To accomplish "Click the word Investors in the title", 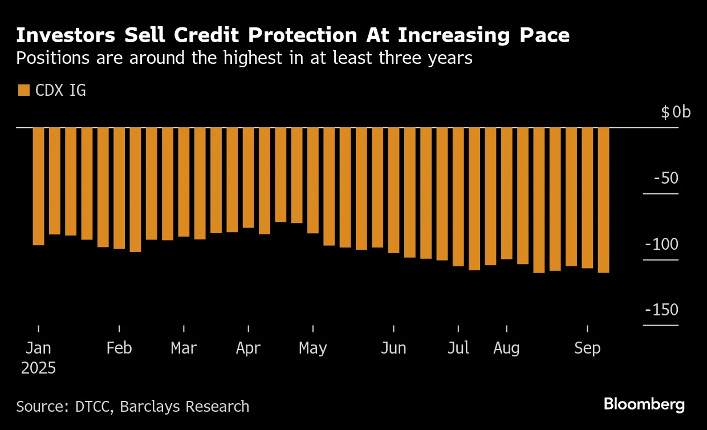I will pos(63,35).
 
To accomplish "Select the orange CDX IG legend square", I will pos(23,90).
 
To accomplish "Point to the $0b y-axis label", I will pos(676,112).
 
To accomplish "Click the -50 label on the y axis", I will pos(666,179).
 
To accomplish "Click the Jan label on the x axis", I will pos(38,348).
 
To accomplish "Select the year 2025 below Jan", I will pos(38,368).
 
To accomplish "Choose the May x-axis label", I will pos(313,348).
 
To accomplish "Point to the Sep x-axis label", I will pos(587,348).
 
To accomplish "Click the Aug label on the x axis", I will pos(506,348).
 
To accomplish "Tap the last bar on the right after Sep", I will pos(604,200).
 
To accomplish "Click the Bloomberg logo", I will pos(644,405).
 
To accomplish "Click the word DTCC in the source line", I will pos(97,407).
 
